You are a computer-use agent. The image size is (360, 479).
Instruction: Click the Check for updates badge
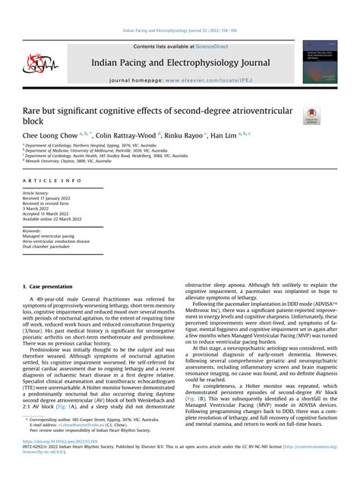coord(311,116)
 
